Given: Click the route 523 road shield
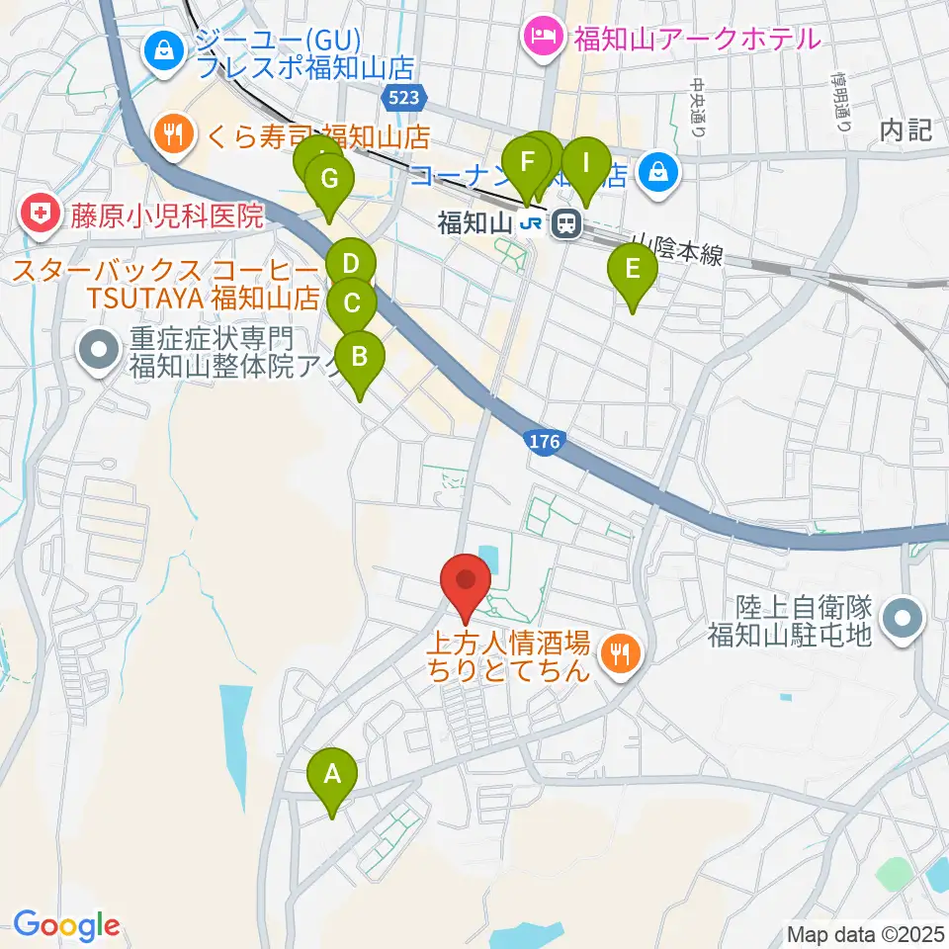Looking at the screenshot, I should coord(403,96).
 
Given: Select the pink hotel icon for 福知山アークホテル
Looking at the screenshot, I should coord(544,40).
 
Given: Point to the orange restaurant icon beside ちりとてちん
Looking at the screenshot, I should coord(620,651).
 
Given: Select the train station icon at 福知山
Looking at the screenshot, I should coord(566,224).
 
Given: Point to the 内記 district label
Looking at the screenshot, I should coord(906,130).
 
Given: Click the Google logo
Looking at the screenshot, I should coord(65,925).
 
